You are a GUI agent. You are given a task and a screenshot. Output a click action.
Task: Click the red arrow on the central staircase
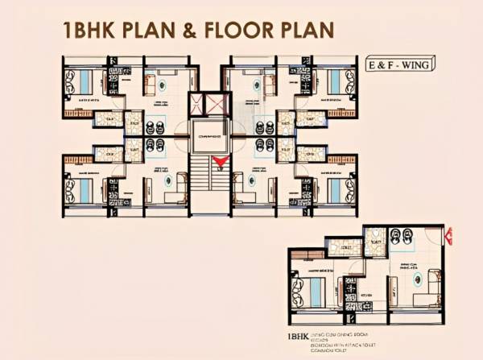219,164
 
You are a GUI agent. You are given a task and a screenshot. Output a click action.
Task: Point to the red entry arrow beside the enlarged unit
449,238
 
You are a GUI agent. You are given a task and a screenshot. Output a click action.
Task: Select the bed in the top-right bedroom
334,80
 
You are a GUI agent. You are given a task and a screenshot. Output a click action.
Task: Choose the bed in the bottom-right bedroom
334,190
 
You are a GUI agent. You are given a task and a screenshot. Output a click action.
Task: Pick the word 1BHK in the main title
91,31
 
